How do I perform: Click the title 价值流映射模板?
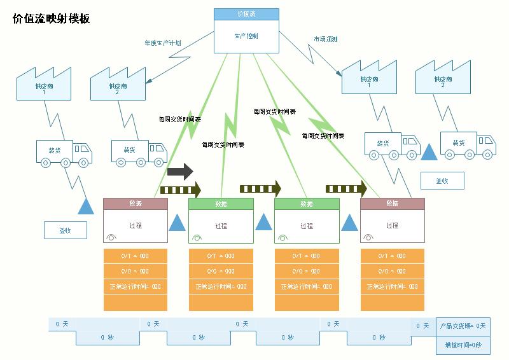(x=52, y=19)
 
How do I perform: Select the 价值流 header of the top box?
(x=246, y=14)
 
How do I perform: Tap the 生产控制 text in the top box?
(x=246, y=36)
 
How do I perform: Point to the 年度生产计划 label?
(x=162, y=43)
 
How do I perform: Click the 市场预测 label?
(x=325, y=39)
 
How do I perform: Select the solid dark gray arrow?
(x=180, y=171)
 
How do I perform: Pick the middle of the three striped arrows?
(x=260, y=188)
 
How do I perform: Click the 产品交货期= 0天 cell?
(x=463, y=326)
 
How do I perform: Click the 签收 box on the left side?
(x=65, y=230)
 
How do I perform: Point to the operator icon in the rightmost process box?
(x=368, y=237)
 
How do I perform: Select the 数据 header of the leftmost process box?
(x=136, y=204)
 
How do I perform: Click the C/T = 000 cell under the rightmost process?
(x=392, y=256)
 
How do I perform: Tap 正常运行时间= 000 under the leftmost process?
(x=136, y=287)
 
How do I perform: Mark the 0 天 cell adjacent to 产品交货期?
(x=422, y=326)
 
